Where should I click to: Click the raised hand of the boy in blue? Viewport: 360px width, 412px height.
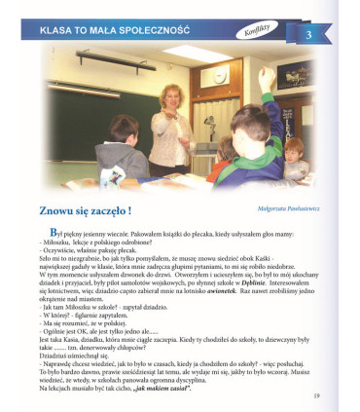[x=270, y=75]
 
